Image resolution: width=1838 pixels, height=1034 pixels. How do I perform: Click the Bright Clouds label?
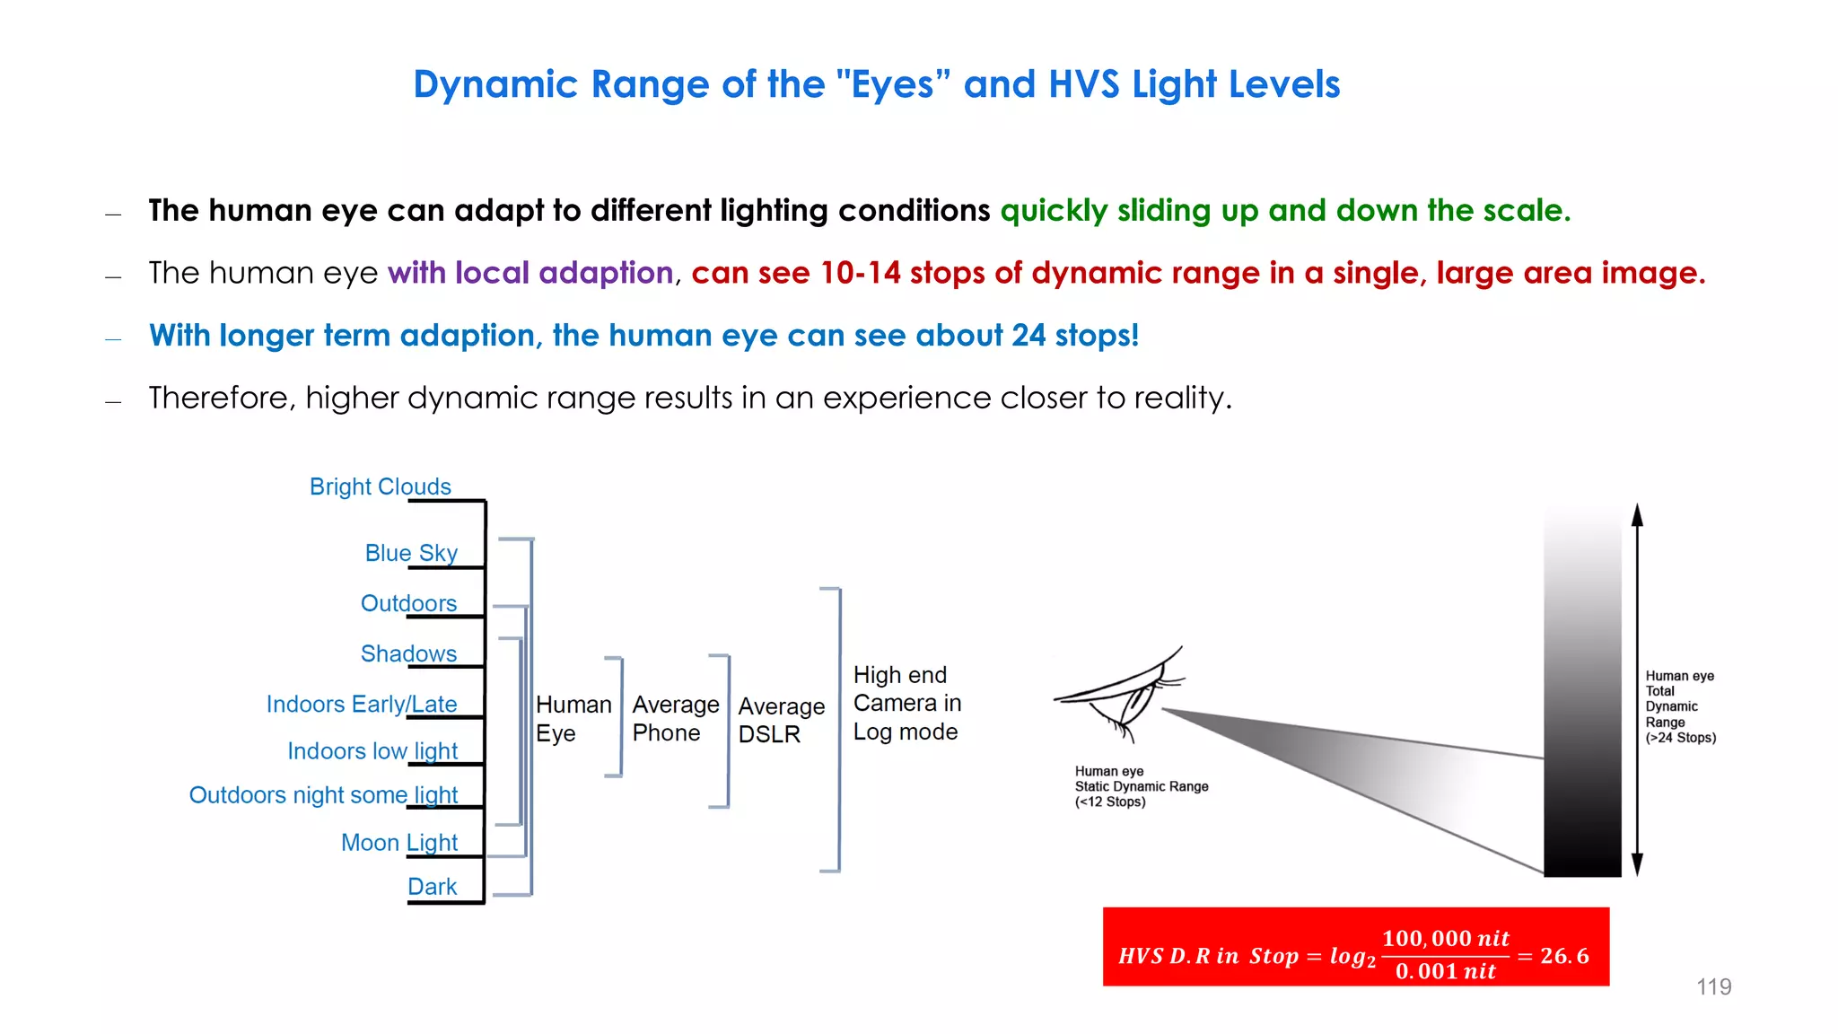pos(380,486)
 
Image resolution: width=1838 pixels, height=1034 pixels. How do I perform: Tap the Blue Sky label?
pos(411,553)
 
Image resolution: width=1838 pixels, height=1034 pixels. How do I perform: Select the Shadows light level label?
pos(408,653)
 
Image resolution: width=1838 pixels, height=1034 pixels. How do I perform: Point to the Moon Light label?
pos(399,843)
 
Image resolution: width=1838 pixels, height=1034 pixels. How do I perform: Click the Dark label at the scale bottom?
pos(432,887)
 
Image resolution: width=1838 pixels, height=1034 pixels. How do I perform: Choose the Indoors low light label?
pos(372,750)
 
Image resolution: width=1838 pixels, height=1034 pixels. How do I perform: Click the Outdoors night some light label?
pos(323,795)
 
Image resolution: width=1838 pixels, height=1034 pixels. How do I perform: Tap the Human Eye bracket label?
pos(573,718)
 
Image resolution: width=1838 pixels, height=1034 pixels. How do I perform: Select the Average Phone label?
pos(675,718)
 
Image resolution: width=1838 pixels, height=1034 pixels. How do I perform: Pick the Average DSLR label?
pos(781,720)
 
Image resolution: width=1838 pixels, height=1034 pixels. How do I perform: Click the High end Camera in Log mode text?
pos(906,703)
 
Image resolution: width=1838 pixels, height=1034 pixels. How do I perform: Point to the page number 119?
pos(1713,986)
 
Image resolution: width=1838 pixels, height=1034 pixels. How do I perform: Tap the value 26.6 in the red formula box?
pos(1564,956)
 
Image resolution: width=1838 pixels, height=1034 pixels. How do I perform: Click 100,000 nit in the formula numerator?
pos(1445,939)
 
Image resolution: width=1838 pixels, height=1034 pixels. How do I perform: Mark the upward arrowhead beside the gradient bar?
pos(1637,514)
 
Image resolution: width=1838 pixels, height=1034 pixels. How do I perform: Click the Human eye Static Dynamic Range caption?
pos(1141,786)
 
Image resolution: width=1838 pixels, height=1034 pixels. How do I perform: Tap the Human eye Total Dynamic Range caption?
pos(1679,706)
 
